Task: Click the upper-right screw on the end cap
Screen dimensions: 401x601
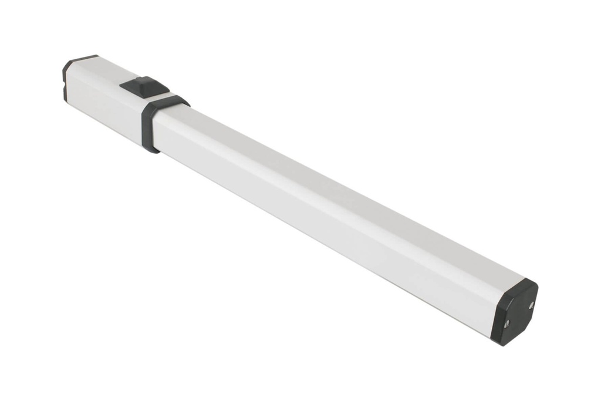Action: pyautogui.click(x=531, y=305)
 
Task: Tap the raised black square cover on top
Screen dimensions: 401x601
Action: pyautogui.click(x=144, y=86)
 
